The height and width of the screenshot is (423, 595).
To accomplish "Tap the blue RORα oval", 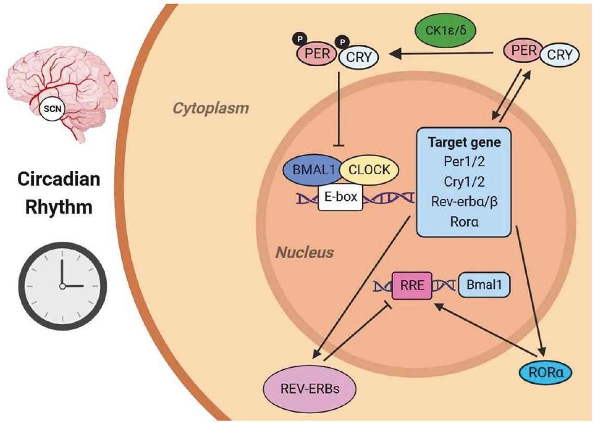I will [x=546, y=372].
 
